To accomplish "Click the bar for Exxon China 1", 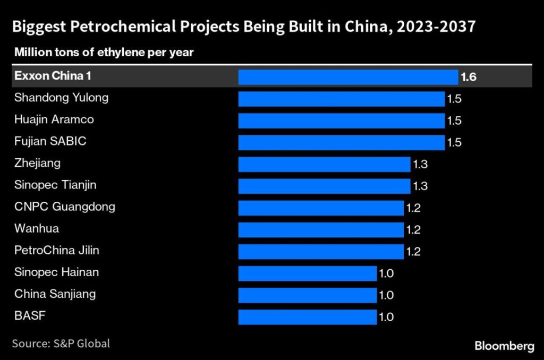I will coord(347,77).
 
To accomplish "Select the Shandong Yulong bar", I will coord(341,99).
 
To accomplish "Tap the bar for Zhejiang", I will coord(324,164).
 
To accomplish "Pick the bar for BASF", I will coord(307,317).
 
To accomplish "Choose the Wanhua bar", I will coord(320,229).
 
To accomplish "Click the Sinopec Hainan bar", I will coord(307,273).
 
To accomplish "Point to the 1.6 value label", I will coord(468,77).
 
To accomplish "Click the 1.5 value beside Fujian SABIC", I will coord(454,142).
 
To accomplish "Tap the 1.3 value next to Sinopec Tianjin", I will coord(420,186).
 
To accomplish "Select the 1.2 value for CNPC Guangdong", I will coord(413,208).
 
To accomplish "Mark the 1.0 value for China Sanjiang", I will coord(386,295).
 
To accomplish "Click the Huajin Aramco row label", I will coord(54,119).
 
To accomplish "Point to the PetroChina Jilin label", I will coord(56,250).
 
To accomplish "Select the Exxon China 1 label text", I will coord(52,76).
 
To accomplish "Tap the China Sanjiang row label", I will coord(55,294).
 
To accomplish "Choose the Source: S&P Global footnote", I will coord(61,344).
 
